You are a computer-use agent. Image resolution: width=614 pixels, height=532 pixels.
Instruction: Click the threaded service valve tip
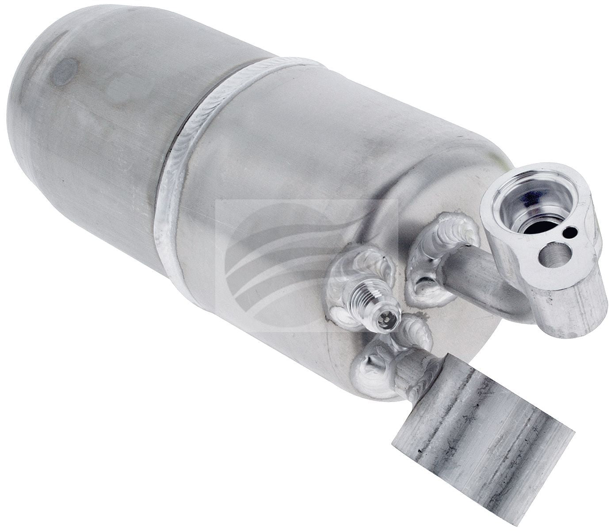(x=384, y=318)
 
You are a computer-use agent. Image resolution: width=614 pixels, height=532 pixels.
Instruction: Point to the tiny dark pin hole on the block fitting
(x=573, y=231)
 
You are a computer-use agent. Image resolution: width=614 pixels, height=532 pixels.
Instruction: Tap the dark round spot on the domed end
(x=64, y=71)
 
